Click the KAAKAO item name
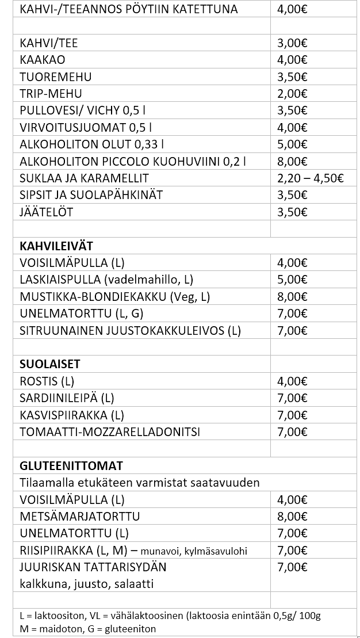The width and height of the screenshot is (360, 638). point(42,60)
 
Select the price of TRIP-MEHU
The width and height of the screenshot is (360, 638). point(292,94)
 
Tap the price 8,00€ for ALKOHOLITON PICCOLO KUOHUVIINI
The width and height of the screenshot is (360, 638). point(292,161)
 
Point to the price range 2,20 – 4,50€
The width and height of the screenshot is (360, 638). point(310,178)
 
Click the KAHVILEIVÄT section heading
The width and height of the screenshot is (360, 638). point(56,246)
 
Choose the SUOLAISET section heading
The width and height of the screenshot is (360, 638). point(50,364)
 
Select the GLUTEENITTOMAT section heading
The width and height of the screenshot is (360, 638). point(71,465)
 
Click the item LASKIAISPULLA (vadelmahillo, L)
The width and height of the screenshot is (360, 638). point(106,280)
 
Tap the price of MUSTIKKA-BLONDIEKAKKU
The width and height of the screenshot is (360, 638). point(292,297)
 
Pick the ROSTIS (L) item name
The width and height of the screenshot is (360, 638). point(47,381)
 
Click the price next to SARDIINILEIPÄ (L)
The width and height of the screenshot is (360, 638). point(292,398)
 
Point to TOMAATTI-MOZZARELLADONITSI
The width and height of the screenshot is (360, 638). point(110,432)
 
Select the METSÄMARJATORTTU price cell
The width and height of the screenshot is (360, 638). point(292,517)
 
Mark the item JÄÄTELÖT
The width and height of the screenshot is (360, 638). point(47,212)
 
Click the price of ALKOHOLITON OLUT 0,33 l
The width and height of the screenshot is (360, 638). point(292,144)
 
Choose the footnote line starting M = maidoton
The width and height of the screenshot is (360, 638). point(87,629)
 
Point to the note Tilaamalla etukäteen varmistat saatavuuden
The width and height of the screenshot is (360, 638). point(140,482)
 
